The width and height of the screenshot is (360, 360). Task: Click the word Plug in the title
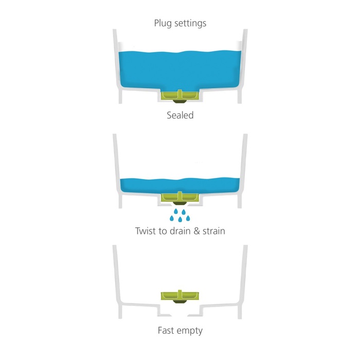tap(163, 24)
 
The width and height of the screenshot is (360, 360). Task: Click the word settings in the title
tap(190, 24)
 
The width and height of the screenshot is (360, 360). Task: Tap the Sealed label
tap(180, 115)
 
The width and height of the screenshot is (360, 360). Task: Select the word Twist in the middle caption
tap(146, 231)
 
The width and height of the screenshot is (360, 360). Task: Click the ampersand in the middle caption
tap(196, 231)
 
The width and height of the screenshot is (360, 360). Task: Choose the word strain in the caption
tap(213, 231)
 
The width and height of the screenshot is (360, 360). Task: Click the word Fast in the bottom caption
tap(166, 331)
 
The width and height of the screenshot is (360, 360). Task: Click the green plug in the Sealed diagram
tap(180, 96)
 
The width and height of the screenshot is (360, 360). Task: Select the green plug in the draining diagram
tap(180, 197)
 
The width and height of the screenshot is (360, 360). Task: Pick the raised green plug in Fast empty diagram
tap(180, 296)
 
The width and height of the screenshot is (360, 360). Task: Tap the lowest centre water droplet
tap(180, 219)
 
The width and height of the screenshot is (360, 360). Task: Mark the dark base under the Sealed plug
tap(180, 101)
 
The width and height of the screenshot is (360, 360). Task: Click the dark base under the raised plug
tap(180, 301)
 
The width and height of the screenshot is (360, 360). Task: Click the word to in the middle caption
tap(163, 231)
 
